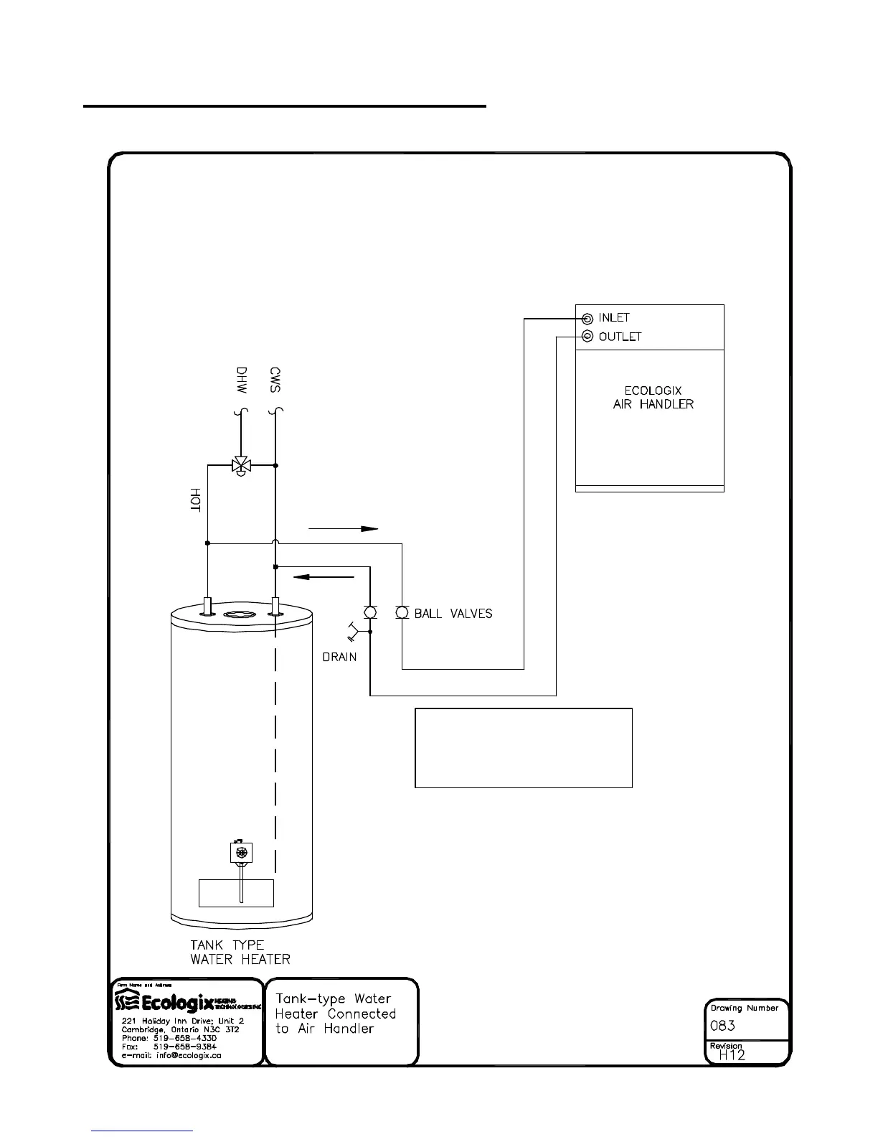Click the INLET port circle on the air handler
587,319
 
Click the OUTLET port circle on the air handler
587,337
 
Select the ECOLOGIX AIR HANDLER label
653,398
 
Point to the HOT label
194,500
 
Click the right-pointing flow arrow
343,529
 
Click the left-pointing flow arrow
324,576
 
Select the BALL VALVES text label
453,614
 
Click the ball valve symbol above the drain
370,612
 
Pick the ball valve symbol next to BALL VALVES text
402,612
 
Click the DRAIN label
339,657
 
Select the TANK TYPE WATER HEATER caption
240,952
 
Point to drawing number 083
722,1026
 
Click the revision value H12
732,1054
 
